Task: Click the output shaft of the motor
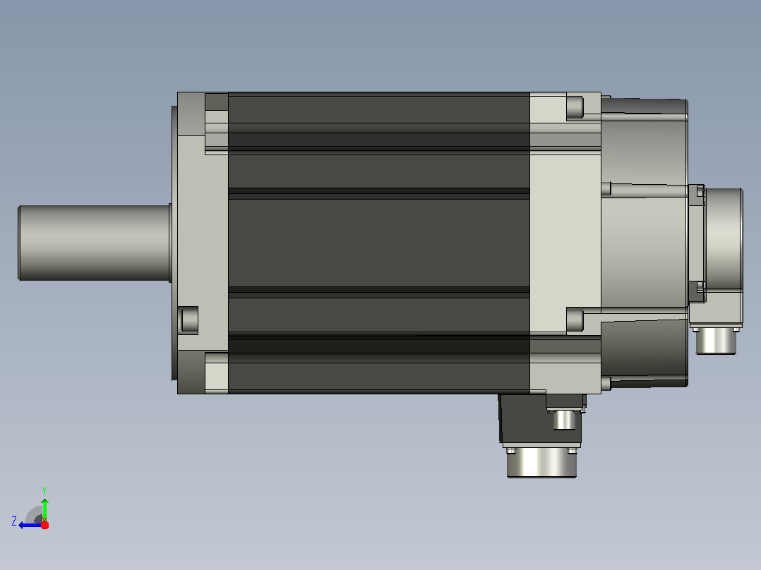click(94, 243)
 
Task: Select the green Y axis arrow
click(44, 509)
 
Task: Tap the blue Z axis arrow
click(30, 525)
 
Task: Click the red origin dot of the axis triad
click(44, 525)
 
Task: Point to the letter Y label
click(44, 490)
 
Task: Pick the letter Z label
click(14, 521)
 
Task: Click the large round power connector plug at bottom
click(541, 463)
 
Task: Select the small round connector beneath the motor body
click(564, 419)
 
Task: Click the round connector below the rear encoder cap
click(716, 341)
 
